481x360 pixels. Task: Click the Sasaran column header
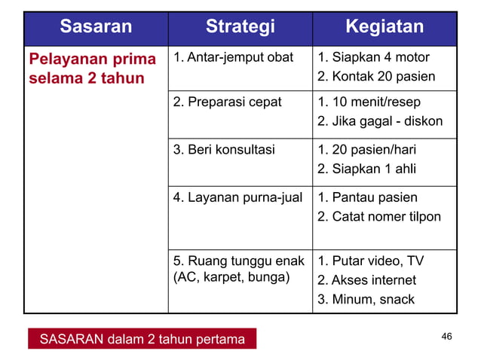[x=96, y=28]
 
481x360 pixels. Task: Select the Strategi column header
[x=240, y=28]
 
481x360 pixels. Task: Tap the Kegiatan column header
[x=384, y=28]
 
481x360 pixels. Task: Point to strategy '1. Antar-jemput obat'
[x=233, y=58]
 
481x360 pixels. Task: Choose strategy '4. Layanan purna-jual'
[x=237, y=198]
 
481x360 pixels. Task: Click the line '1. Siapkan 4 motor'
[x=373, y=58]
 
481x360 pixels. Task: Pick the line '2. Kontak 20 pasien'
[x=376, y=77]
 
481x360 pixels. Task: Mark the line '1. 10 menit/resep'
[x=369, y=102]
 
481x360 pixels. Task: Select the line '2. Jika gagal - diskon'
[x=380, y=121]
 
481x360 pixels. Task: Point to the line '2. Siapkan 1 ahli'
[x=366, y=169]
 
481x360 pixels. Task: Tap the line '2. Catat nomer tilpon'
[x=379, y=218]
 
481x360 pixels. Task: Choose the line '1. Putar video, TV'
[x=370, y=261]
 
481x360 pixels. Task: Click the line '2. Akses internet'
[x=366, y=281]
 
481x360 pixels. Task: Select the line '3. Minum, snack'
[x=366, y=300]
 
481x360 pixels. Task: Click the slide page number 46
[x=446, y=336]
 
